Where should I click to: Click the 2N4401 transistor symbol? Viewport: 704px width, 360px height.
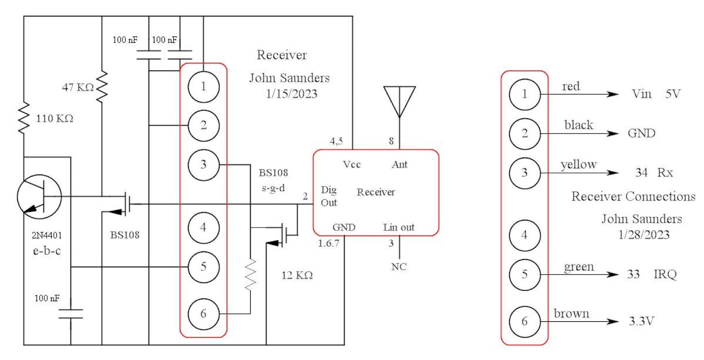click(x=39, y=197)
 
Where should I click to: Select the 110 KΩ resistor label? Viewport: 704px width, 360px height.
click(x=55, y=119)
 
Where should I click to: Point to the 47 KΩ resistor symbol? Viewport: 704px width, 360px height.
click(x=102, y=87)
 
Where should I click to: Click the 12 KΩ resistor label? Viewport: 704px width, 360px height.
click(x=297, y=275)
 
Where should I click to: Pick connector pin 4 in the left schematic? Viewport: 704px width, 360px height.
click(x=204, y=228)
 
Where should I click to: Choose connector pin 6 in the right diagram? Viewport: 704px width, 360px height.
click(x=524, y=322)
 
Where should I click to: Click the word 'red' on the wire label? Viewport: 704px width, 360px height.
click(x=571, y=86)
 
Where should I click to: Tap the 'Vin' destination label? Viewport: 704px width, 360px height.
click(x=642, y=94)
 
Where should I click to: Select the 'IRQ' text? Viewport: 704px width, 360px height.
click(x=665, y=274)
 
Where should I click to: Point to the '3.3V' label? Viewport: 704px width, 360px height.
click(x=641, y=321)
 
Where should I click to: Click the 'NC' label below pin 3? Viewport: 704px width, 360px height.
click(x=399, y=267)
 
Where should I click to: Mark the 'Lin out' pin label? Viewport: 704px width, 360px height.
click(x=399, y=227)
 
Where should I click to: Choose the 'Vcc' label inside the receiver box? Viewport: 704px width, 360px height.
click(x=351, y=164)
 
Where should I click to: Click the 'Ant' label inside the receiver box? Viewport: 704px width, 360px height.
click(x=399, y=164)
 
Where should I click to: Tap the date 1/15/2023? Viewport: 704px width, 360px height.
click(x=291, y=94)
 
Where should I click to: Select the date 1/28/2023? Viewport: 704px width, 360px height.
click(x=644, y=235)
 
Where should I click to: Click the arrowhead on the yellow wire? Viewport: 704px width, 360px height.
click(x=613, y=173)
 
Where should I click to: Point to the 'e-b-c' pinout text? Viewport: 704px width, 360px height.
click(x=47, y=251)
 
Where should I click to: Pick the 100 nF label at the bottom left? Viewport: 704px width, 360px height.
click(x=47, y=298)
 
